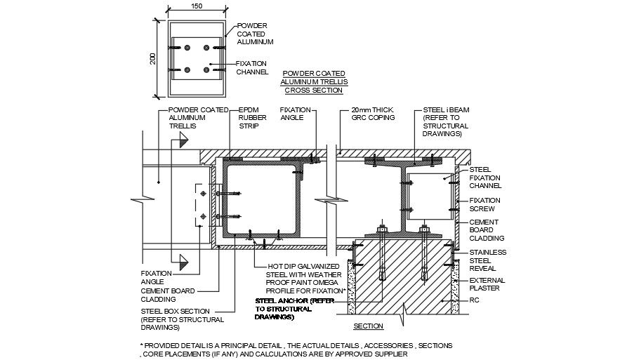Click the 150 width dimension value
pyautogui.click(x=197, y=6)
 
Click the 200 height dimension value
pyautogui.click(x=153, y=58)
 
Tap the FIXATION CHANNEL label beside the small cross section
pyautogui.click(x=251, y=67)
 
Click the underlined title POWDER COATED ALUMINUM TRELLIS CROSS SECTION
pyautogui.click(x=314, y=81)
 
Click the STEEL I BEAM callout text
pyautogui.click(x=443, y=121)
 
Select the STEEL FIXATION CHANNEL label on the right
pyautogui.click(x=484, y=178)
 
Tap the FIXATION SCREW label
pyautogui.click(x=484, y=205)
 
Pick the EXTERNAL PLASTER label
pyautogui.click(x=487, y=284)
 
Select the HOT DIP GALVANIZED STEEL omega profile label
pyautogui.click(x=307, y=278)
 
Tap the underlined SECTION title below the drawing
pyautogui.click(x=369, y=326)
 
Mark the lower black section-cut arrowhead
pyautogui.click(x=183, y=265)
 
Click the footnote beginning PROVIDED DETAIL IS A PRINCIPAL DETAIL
pyautogui.click(x=295, y=349)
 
